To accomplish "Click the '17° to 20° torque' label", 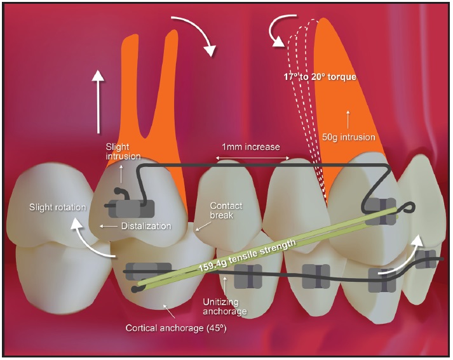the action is click(320, 77).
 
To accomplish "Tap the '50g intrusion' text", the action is click(348, 137).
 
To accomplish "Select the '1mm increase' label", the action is click(251, 147).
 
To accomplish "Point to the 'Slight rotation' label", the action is click(57, 207).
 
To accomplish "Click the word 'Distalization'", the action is click(146, 226).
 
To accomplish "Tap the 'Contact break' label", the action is click(226, 210).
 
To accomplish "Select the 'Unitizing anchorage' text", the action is click(225, 307).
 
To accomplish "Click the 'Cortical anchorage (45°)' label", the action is click(176, 328).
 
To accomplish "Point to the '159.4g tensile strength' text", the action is click(247, 255).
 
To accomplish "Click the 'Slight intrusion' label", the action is click(123, 151).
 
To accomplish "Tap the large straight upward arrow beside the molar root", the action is click(98, 102).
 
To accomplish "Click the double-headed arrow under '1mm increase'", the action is click(253, 158).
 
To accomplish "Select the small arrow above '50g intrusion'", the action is click(348, 119).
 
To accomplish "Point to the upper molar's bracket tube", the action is click(131, 208).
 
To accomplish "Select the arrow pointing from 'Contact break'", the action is click(201, 226).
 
